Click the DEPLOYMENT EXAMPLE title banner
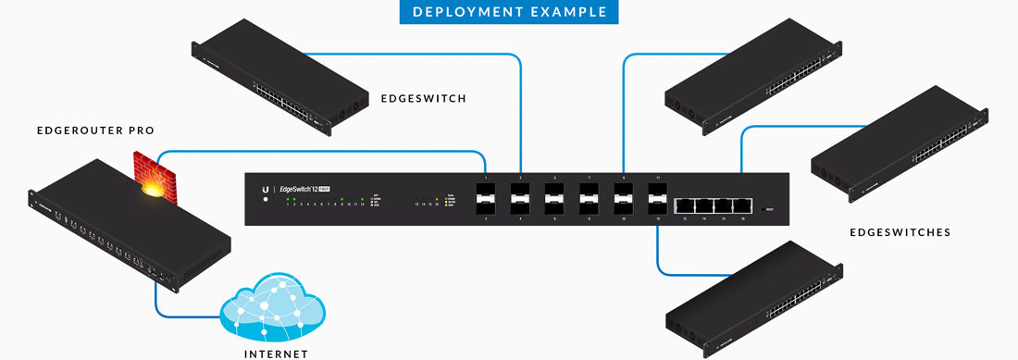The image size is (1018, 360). click(x=509, y=12)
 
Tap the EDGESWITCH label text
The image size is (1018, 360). click(x=424, y=98)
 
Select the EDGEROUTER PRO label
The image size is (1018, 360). click(x=82, y=131)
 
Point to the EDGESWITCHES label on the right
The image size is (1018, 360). click(x=900, y=232)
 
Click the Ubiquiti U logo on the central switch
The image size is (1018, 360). click(x=265, y=189)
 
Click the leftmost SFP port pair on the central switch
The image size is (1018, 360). click(x=486, y=199)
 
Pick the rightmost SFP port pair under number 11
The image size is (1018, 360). click(x=658, y=199)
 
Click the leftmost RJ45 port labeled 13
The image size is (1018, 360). click(x=686, y=206)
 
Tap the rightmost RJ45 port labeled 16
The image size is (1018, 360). click(x=741, y=206)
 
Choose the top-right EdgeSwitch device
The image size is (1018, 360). click(x=754, y=79)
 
